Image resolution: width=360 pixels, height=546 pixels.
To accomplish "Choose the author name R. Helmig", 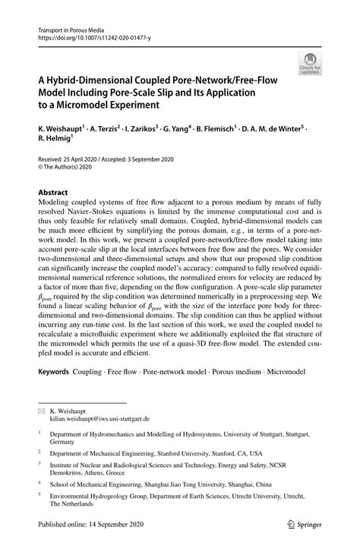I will [x=58, y=141].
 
